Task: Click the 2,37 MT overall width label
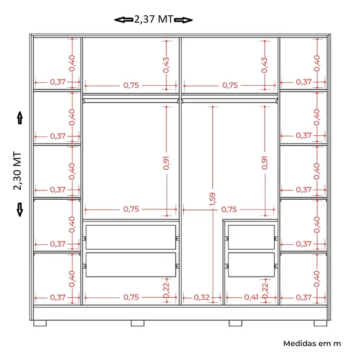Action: pyautogui.click(x=153, y=20)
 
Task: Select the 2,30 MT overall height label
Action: pyautogui.click(x=17, y=171)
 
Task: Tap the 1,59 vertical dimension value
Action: pyautogui.click(x=213, y=199)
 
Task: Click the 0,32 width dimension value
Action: pyautogui.click(x=202, y=298)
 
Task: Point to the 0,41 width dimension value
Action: pyautogui.click(x=251, y=297)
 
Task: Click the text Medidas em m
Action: pyautogui.click(x=312, y=344)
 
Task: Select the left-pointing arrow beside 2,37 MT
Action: pyautogui.click(x=124, y=20)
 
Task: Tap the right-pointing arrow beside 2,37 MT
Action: pyautogui.click(x=183, y=20)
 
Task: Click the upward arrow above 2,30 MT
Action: pyautogui.click(x=20, y=118)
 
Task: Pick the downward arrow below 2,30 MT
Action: pyautogui.click(x=20, y=209)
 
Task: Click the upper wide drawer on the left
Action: pyautogui.click(x=131, y=237)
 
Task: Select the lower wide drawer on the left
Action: pyautogui.click(x=131, y=265)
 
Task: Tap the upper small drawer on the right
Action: pyautogui.click(x=251, y=237)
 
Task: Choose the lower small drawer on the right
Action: pyautogui.click(x=251, y=265)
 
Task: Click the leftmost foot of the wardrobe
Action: pyautogui.click(x=40, y=323)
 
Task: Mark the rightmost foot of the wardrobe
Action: pyautogui.click(x=321, y=323)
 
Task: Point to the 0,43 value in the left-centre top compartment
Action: pyautogui.click(x=166, y=65)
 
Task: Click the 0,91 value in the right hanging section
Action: pyautogui.click(x=265, y=163)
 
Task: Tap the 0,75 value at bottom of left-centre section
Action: pyautogui.click(x=131, y=297)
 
